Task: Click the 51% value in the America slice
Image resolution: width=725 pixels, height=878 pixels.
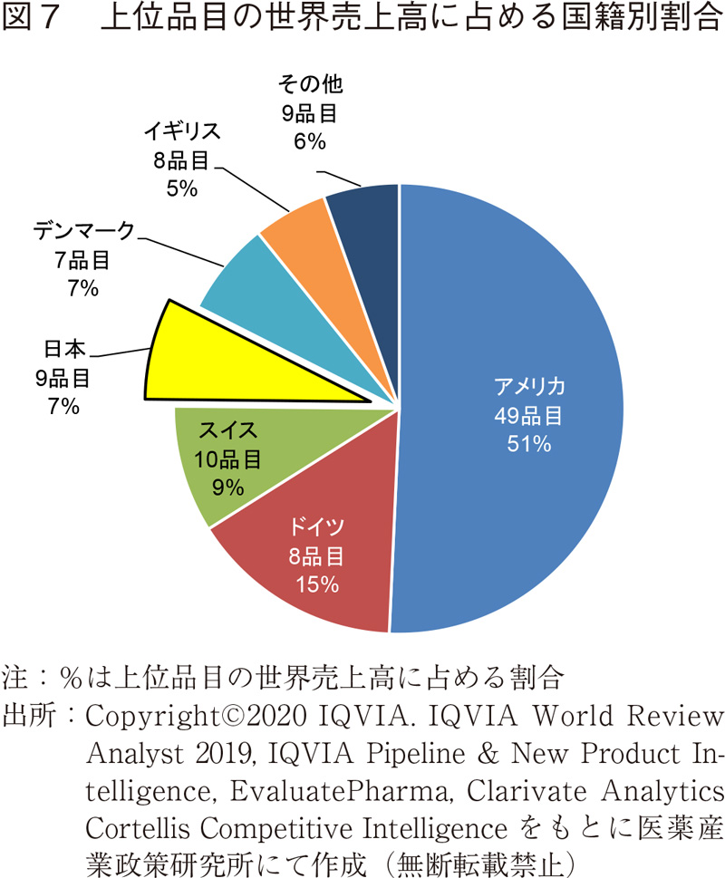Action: pos(529,445)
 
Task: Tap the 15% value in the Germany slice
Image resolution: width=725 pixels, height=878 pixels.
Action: pos(316,584)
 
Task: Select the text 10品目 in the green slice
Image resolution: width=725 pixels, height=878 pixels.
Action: pos(227,458)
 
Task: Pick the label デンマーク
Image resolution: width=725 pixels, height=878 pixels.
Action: pos(83,230)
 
